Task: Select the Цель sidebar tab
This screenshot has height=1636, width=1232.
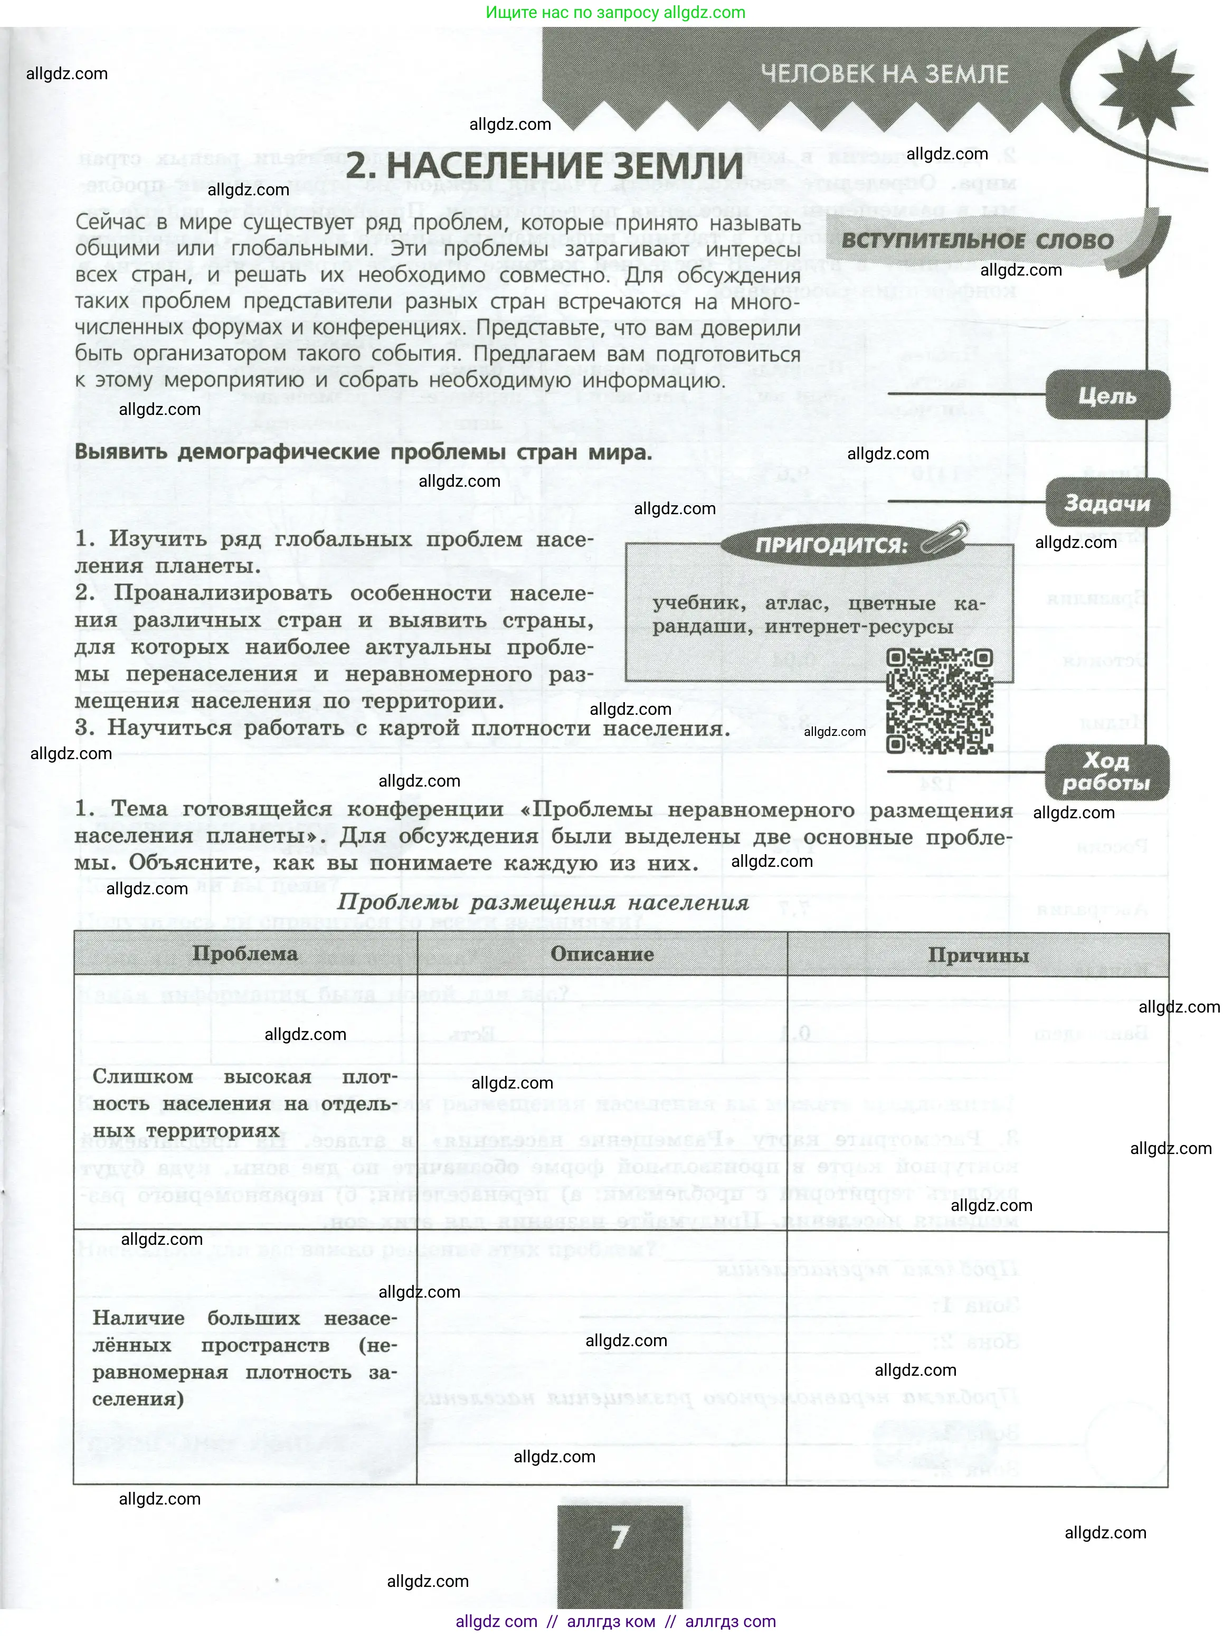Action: tap(1107, 396)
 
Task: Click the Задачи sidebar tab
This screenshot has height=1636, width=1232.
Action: tap(1107, 504)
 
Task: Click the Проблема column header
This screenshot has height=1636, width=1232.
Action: tap(245, 954)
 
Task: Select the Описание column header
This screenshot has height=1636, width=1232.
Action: tap(602, 954)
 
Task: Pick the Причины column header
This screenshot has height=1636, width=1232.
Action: tap(978, 956)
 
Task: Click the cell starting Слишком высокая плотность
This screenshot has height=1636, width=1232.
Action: tap(245, 1103)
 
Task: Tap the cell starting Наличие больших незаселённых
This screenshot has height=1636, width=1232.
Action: tap(245, 1358)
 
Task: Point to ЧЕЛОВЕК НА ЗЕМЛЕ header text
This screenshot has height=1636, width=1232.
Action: tap(885, 74)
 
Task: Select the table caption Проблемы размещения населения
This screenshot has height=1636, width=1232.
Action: tap(543, 903)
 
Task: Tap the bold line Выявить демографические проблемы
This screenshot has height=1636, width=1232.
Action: tap(363, 452)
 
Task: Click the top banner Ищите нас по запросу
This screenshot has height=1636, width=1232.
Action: tap(615, 13)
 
